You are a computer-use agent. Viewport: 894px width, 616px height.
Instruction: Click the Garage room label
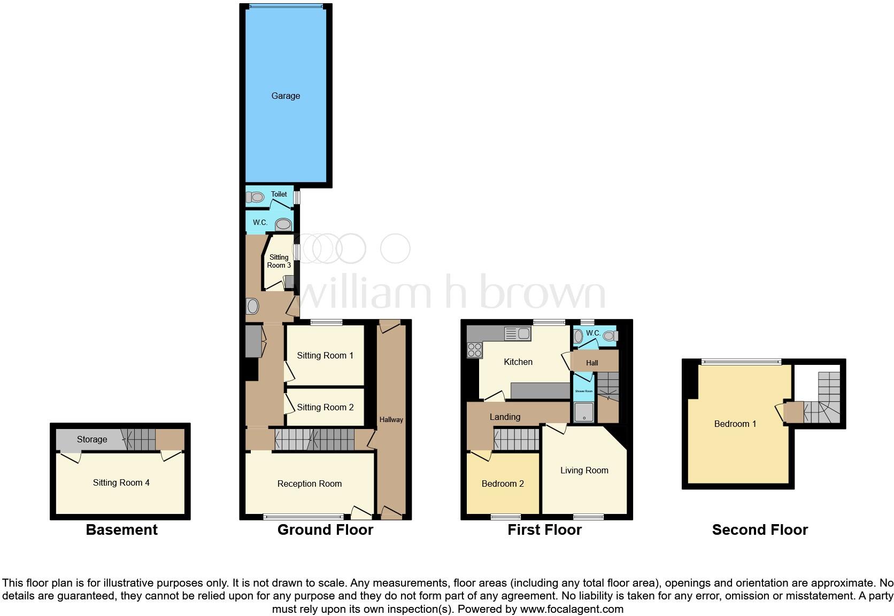[x=286, y=96]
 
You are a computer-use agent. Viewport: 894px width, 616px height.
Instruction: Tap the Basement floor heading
[x=122, y=529]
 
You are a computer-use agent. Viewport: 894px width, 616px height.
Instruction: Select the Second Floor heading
[x=760, y=529]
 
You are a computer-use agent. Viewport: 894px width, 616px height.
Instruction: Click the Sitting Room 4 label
[x=121, y=482]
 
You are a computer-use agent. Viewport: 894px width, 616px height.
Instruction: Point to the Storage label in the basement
[x=92, y=439]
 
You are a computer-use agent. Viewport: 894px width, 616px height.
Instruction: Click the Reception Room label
[x=310, y=484]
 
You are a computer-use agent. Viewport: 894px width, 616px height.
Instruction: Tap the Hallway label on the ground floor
[x=391, y=419]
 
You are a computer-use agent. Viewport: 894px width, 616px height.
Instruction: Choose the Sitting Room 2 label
[x=325, y=407]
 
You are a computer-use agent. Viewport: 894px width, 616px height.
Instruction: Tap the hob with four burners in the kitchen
[x=474, y=350]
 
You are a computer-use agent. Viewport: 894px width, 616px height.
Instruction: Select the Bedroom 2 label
[x=503, y=484]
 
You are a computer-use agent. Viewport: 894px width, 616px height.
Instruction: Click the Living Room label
[x=584, y=470]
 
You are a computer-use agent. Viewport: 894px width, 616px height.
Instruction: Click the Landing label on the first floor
[x=505, y=417]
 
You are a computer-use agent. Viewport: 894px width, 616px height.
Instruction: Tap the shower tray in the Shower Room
[x=583, y=412]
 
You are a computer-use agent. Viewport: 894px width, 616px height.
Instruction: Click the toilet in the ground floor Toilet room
[x=255, y=197]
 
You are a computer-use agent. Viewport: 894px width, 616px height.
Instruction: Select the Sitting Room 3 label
[x=279, y=261]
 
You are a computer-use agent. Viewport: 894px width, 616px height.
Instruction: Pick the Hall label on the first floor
[x=592, y=363]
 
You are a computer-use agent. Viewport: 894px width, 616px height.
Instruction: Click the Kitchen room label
[x=518, y=362]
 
